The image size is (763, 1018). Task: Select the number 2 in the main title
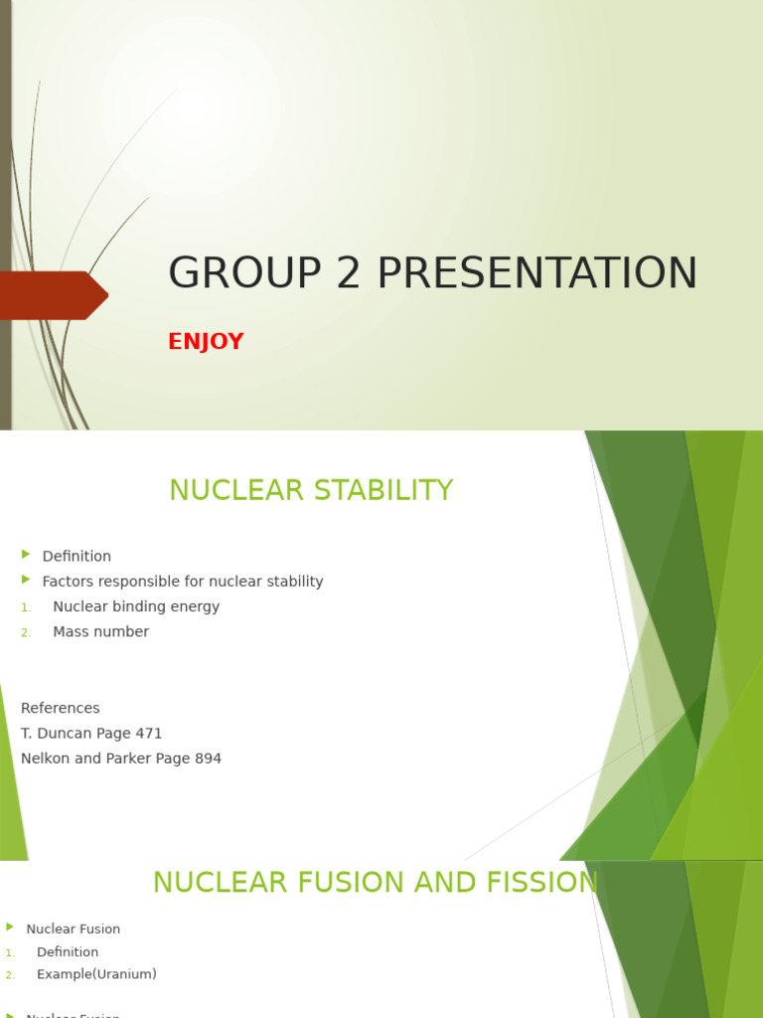point(349,273)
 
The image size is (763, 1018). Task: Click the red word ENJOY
point(206,342)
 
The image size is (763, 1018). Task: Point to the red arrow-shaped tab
point(55,295)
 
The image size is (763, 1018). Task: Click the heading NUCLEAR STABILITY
point(311,490)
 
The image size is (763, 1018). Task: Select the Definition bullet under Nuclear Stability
point(76,557)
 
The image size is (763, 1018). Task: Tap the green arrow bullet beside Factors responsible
point(26,580)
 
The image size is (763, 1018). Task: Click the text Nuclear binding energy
point(136,606)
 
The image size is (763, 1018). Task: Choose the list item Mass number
point(100,632)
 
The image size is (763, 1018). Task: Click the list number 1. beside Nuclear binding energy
point(26,607)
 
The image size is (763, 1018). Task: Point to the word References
point(61,709)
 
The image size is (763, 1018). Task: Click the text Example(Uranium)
point(96,974)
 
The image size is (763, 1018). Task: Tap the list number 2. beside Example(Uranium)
point(10,975)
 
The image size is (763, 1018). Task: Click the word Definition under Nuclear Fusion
point(68,952)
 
